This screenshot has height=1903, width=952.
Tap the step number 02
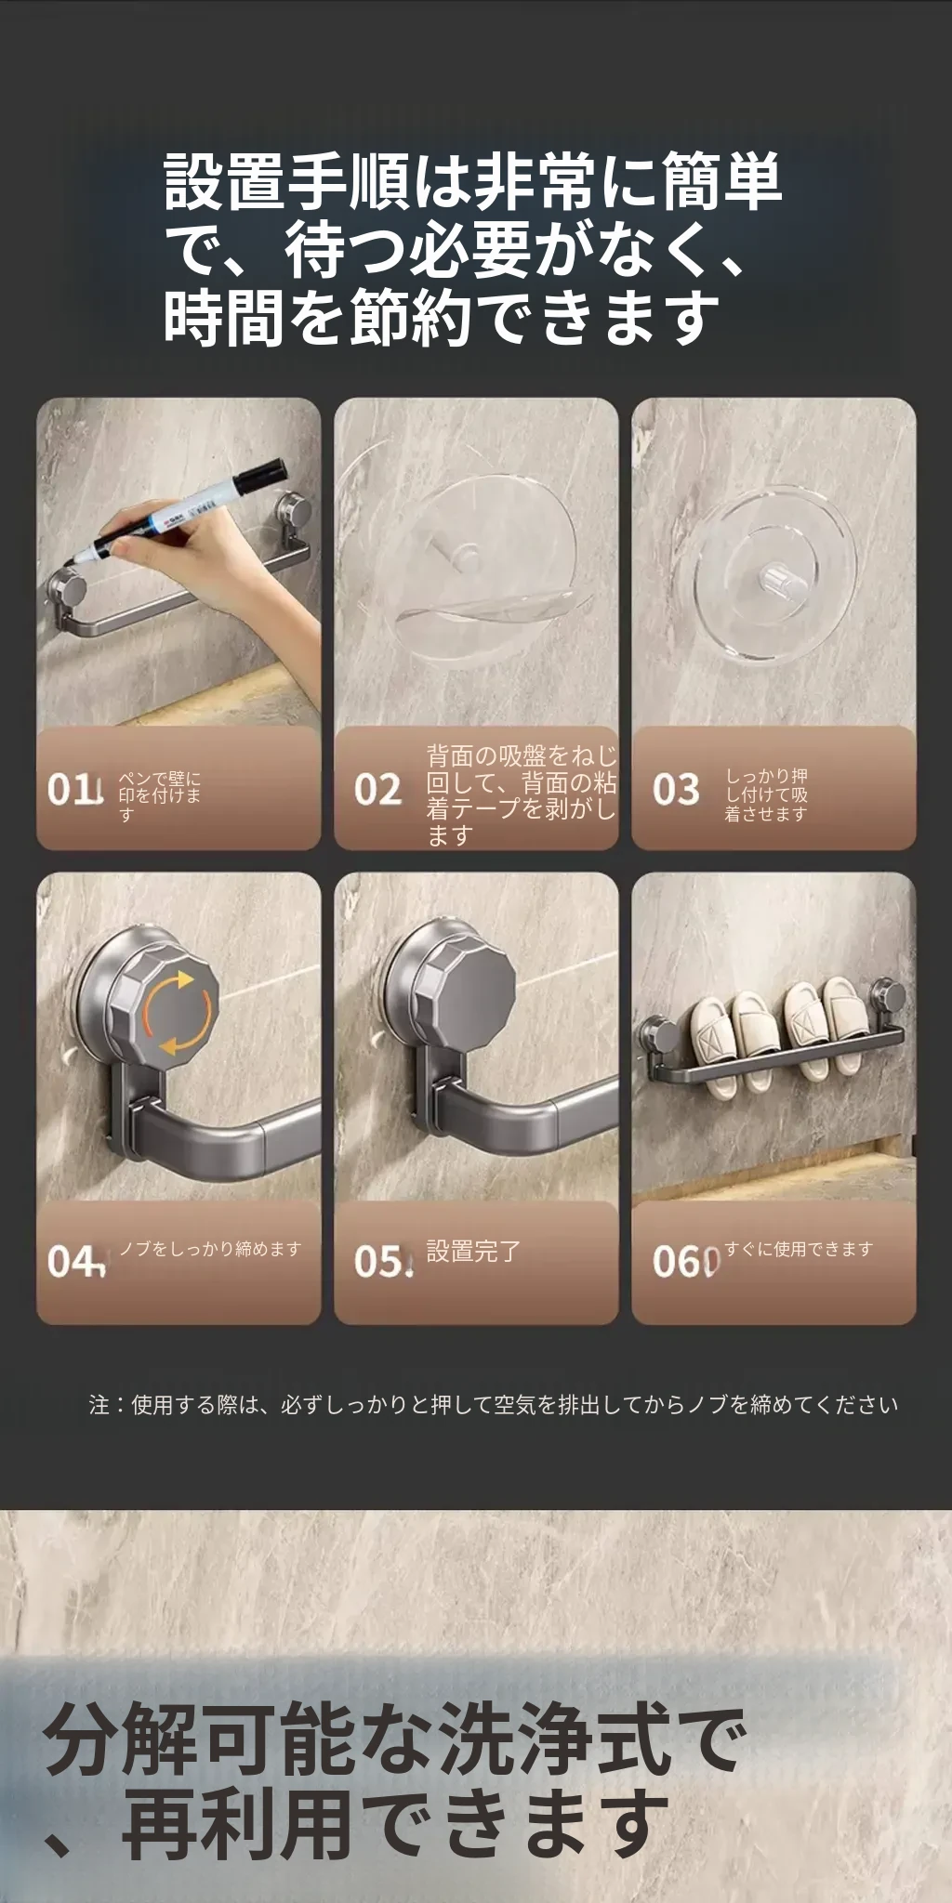377,789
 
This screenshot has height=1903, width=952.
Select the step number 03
675,789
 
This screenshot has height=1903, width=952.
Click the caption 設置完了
473,1252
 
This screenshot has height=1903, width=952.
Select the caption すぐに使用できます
799,1249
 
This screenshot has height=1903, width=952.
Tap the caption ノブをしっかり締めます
210,1249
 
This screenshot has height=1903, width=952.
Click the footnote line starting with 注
494,1404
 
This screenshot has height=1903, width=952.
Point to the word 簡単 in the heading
721,181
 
